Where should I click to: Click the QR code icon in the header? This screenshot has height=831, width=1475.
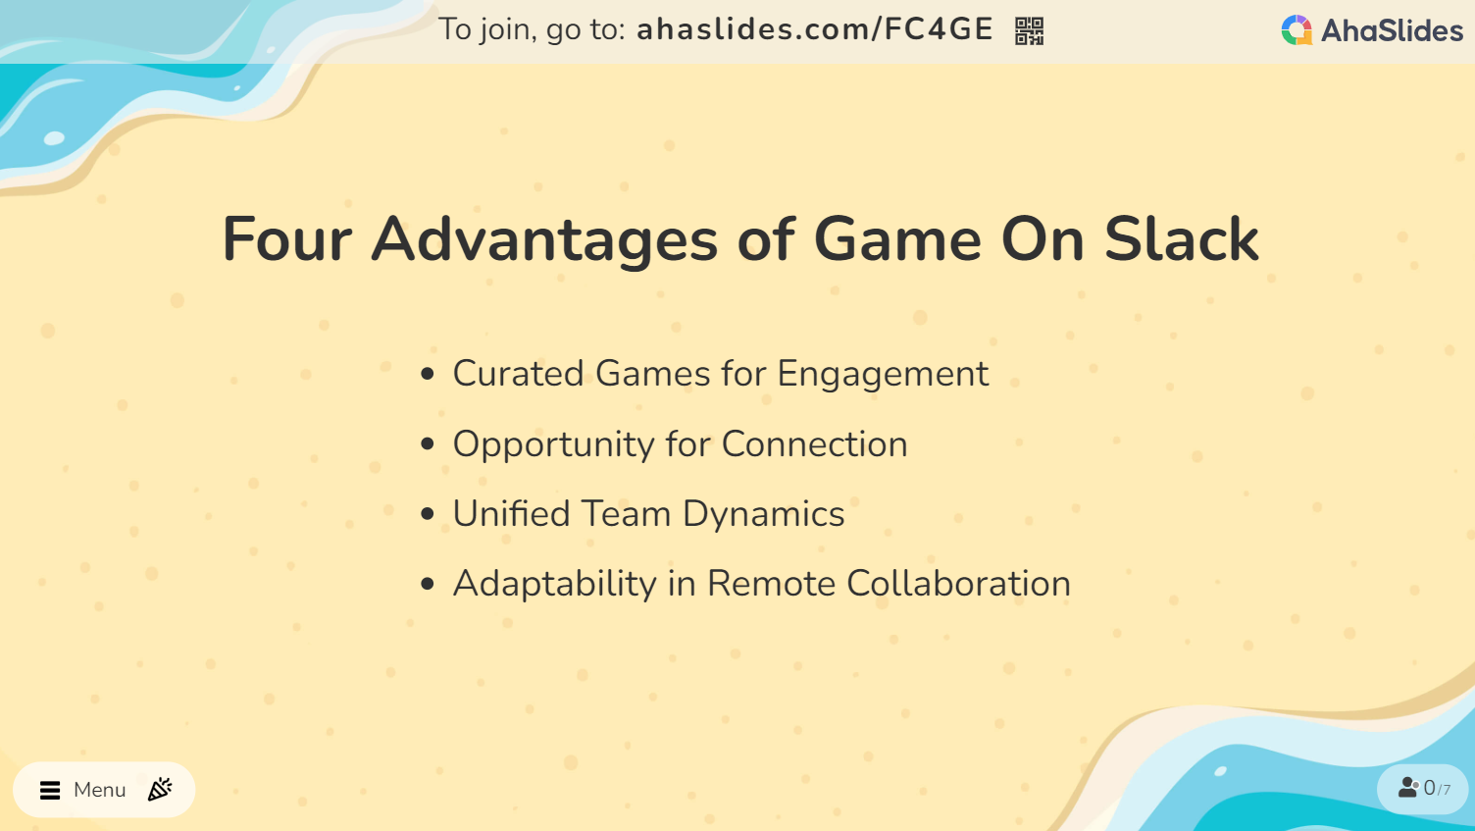click(1029, 31)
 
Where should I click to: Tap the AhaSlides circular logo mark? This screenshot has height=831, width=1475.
click(1297, 30)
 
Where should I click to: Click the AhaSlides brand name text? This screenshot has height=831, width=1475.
click(1392, 31)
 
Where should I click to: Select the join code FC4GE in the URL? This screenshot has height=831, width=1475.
click(939, 29)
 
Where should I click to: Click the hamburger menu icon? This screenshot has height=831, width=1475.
click(50, 790)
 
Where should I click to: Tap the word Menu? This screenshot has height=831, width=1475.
click(99, 790)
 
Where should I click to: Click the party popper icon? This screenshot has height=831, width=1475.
click(160, 789)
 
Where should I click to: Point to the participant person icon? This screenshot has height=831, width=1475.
click(1408, 787)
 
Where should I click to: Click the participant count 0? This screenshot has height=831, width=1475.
click(1429, 788)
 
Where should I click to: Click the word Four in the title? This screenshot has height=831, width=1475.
click(287, 239)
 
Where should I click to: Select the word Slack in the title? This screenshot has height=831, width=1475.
click(1182, 239)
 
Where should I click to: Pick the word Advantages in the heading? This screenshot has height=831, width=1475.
click(544, 241)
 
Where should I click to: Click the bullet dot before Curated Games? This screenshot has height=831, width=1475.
click(428, 375)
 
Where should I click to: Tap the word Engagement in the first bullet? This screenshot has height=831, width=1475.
click(883, 375)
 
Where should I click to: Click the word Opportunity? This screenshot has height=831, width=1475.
click(553, 444)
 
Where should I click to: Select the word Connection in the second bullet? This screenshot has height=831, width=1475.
click(815, 444)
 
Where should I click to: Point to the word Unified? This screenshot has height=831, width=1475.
click(511, 513)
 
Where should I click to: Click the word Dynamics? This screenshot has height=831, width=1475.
click(763, 515)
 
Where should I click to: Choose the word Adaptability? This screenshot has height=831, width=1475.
click(554, 585)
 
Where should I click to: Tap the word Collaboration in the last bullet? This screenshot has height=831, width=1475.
click(959, 584)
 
